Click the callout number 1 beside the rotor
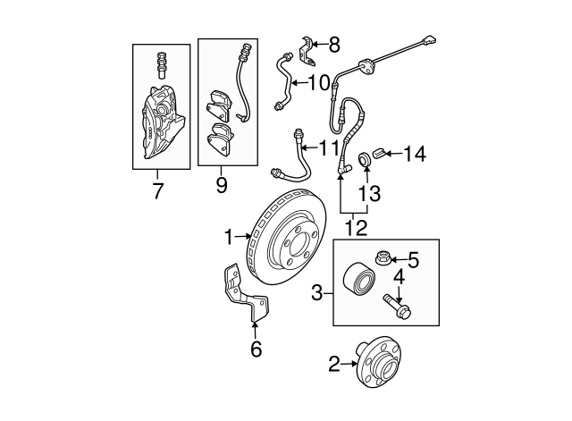click(x=229, y=236)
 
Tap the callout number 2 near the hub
click(x=334, y=364)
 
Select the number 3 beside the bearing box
click(x=317, y=291)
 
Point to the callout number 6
click(x=256, y=349)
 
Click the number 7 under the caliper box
click(x=158, y=190)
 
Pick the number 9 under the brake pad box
click(x=221, y=186)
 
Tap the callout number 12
click(x=356, y=228)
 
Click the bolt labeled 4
click(x=396, y=304)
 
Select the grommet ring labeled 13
click(x=366, y=159)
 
